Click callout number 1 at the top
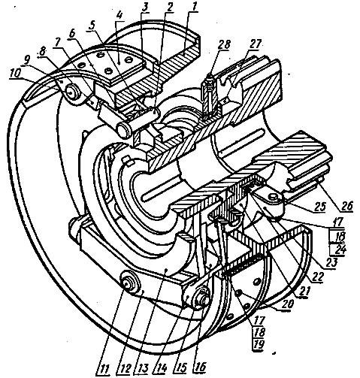tap(195, 7)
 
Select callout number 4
tap(119, 16)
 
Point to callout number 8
tap(43, 51)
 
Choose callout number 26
tap(346, 205)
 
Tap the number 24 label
tap(339, 249)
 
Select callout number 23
tap(332, 262)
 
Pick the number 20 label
tap(286, 304)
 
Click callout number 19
tap(259, 344)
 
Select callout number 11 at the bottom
tap(104, 368)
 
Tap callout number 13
tap(142, 368)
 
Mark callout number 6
tap(73, 34)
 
